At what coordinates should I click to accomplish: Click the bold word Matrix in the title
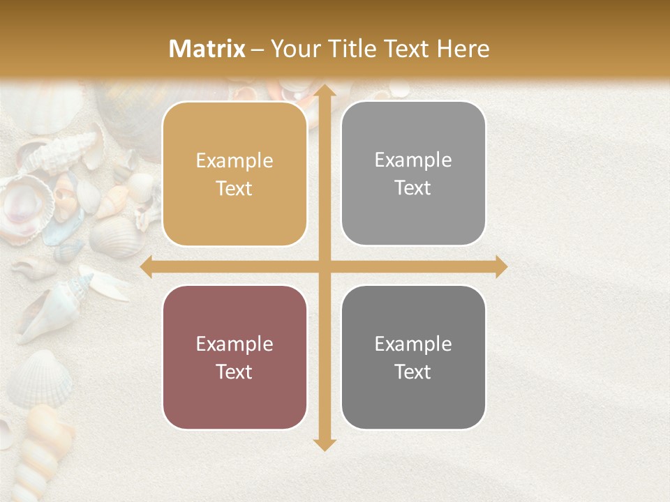click(207, 49)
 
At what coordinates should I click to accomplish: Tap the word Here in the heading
click(463, 49)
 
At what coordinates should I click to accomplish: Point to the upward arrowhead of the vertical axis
click(325, 91)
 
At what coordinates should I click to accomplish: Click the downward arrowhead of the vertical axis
click(325, 444)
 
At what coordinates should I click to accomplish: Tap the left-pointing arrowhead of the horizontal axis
click(147, 266)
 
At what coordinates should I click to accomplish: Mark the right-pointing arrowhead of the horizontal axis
click(500, 266)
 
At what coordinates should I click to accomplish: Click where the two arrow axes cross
click(325, 266)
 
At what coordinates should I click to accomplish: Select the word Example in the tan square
click(234, 161)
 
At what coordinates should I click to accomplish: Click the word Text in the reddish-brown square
click(234, 372)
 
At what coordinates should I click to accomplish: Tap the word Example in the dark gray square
click(413, 344)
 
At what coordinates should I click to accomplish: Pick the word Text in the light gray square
click(413, 188)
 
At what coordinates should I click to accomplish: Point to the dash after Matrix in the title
click(258, 50)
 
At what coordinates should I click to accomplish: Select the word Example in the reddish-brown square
click(234, 344)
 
